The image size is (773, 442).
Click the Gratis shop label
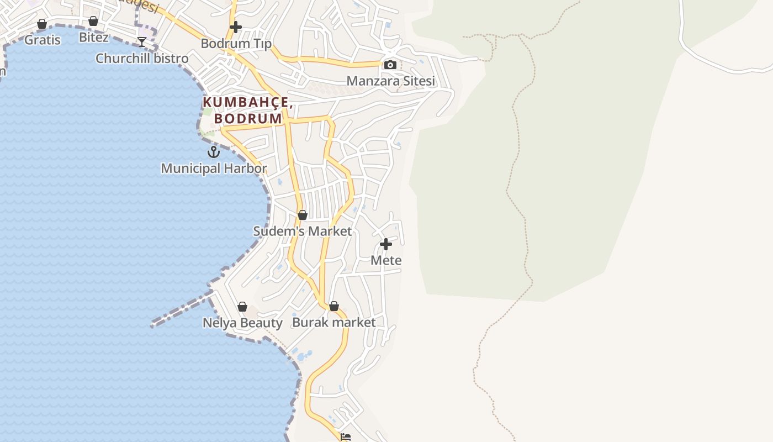click(x=43, y=40)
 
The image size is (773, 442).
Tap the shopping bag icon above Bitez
click(x=93, y=22)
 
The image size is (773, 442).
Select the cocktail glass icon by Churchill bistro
click(x=142, y=42)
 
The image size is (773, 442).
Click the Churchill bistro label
click(x=142, y=58)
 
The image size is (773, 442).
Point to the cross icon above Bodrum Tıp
click(x=236, y=27)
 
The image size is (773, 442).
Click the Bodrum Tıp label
click(x=236, y=43)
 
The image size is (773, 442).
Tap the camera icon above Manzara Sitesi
click(x=390, y=65)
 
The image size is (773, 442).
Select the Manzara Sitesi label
click(x=390, y=81)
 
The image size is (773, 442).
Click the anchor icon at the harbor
click(x=214, y=152)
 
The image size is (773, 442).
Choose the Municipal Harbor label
click(x=214, y=168)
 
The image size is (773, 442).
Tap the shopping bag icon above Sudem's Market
click(x=302, y=215)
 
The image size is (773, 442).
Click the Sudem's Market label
click(x=302, y=231)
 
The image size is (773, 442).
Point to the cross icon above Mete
click(x=386, y=244)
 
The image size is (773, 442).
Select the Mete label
click(x=386, y=260)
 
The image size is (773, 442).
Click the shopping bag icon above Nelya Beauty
click(x=242, y=307)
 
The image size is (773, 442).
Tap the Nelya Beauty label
click(x=242, y=323)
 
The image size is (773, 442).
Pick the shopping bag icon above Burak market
click(x=333, y=306)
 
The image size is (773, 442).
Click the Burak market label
click(x=333, y=322)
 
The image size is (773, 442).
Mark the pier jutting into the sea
click(x=179, y=311)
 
